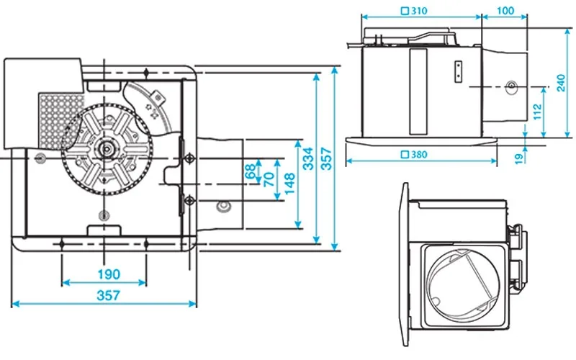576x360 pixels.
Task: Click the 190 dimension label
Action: pyautogui.click(x=109, y=274)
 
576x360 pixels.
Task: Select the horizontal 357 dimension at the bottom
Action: pyautogui.click(x=108, y=295)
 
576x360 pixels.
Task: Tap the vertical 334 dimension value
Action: pyautogui.click(x=308, y=158)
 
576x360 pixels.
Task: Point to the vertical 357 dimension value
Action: pyautogui.click(x=326, y=158)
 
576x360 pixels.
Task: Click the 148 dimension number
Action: pyautogui.click(x=290, y=184)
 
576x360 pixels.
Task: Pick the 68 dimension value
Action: pyautogui.click(x=250, y=171)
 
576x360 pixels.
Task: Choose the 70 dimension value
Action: pyautogui.click(x=269, y=179)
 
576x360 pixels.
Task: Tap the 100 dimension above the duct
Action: pyautogui.click(x=505, y=11)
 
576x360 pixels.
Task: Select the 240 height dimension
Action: pyautogui.click(x=561, y=83)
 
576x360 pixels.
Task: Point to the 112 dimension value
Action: pyautogui.click(x=537, y=112)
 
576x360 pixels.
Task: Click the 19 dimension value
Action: pyautogui.click(x=518, y=158)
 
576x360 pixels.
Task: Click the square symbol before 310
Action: pyautogui.click(x=405, y=11)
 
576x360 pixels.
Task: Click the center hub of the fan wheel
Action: pyautogui.click(x=107, y=149)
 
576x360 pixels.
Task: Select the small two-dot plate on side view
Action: pyautogui.click(x=458, y=71)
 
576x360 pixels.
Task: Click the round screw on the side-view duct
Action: pyautogui.click(x=511, y=87)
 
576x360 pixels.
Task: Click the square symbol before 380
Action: pyautogui.click(x=405, y=155)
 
